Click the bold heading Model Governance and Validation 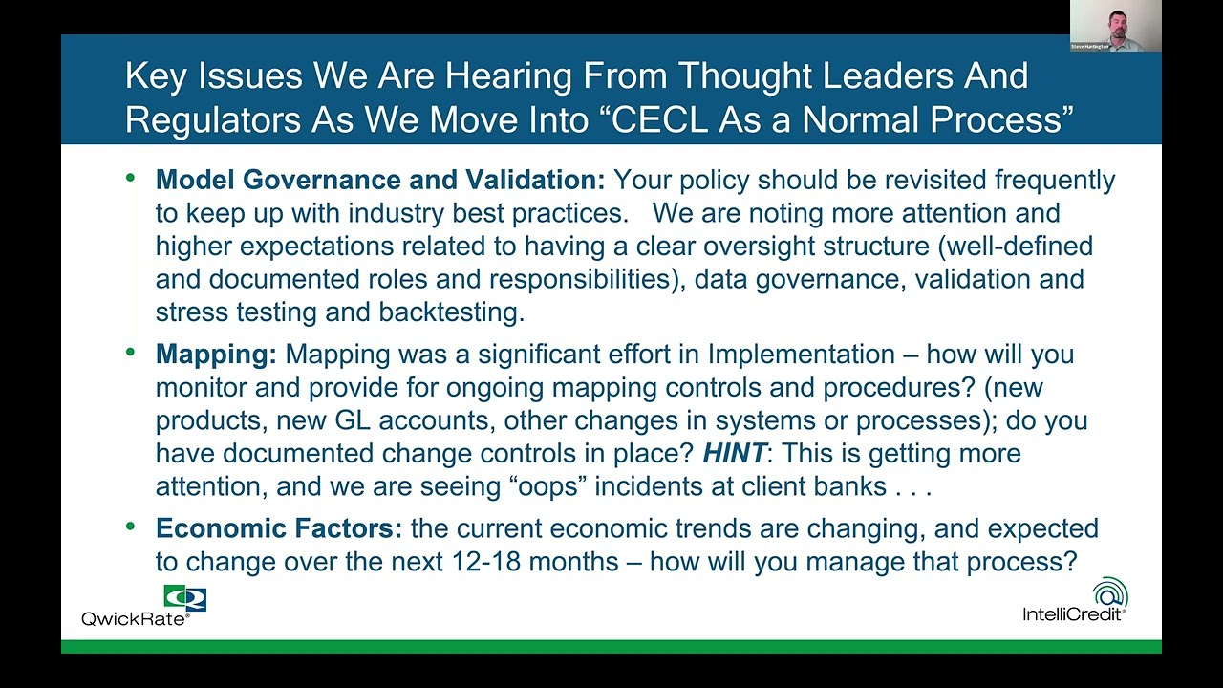(379, 180)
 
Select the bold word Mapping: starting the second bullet (216, 354)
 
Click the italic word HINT (734, 453)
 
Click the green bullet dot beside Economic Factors (131, 526)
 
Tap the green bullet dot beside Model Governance (131, 177)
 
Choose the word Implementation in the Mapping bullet (801, 354)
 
